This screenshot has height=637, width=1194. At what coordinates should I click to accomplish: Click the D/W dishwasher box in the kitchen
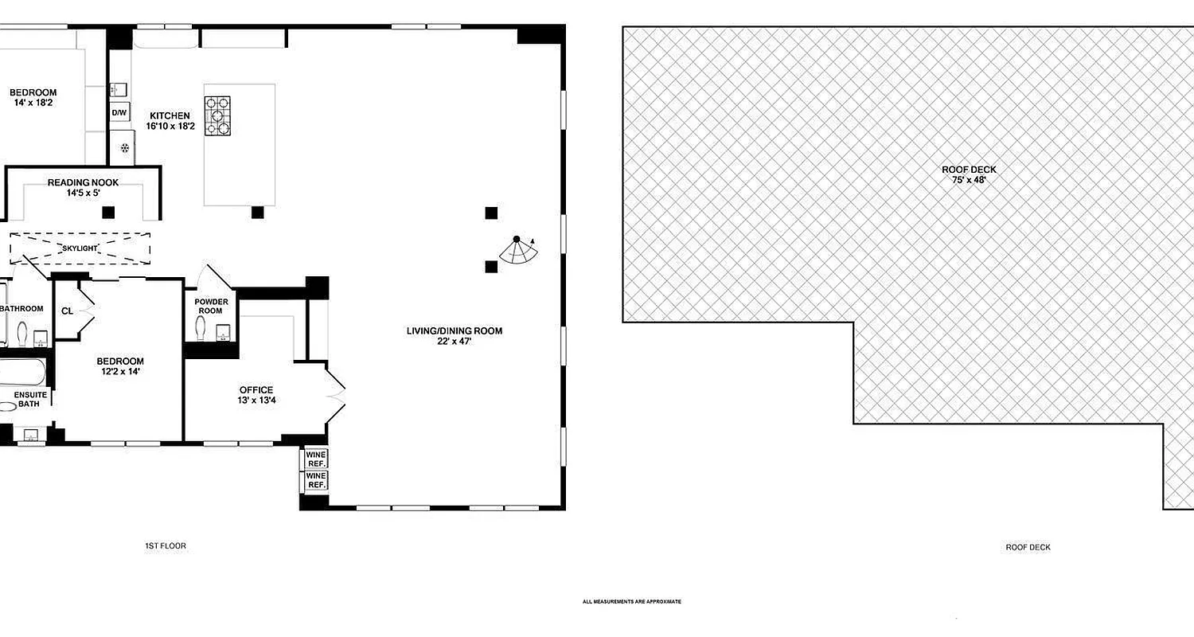pyautogui.click(x=119, y=113)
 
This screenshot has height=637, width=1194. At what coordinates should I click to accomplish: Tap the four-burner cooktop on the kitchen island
pyautogui.click(x=218, y=115)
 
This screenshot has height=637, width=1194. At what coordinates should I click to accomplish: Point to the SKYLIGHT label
pyautogui.click(x=80, y=248)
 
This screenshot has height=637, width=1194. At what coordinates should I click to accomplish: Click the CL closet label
pyautogui.click(x=67, y=311)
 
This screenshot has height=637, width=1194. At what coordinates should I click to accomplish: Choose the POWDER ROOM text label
pyautogui.click(x=211, y=307)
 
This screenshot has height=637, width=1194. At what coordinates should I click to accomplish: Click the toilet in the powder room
pyautogui.click(x=202, y=328)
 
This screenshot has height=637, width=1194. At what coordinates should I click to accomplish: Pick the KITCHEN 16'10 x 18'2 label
pyautogui.click(x=170, y=121)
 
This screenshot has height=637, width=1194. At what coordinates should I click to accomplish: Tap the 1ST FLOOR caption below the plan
pyautogui.click(x=166, y=546)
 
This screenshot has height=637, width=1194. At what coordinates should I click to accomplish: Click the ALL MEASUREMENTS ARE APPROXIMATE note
pyautogui.click(x=632, y=602)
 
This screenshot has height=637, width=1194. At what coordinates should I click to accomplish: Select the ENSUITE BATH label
pyautogui.click(x=30, y=400)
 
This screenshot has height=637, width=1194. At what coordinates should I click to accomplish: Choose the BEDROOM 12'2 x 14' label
pyautogui.click(x=120, y=365)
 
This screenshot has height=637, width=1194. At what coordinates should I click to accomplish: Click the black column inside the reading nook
pyautogui.click(x=108, y=213)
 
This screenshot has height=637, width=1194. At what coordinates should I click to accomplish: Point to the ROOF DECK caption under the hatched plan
pyautogui.click(x=1028, y=547)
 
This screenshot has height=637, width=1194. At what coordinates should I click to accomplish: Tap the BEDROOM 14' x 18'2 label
pyautogui.click(x=33, y=98)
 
